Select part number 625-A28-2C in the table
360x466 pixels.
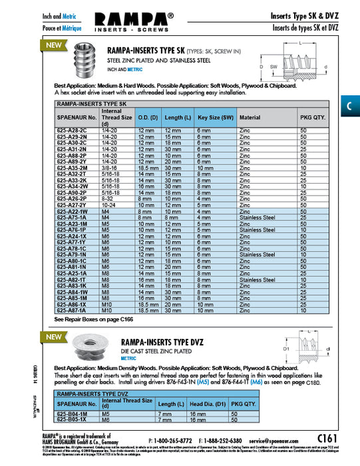point(70,130)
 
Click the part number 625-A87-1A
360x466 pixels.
point(70,310)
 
